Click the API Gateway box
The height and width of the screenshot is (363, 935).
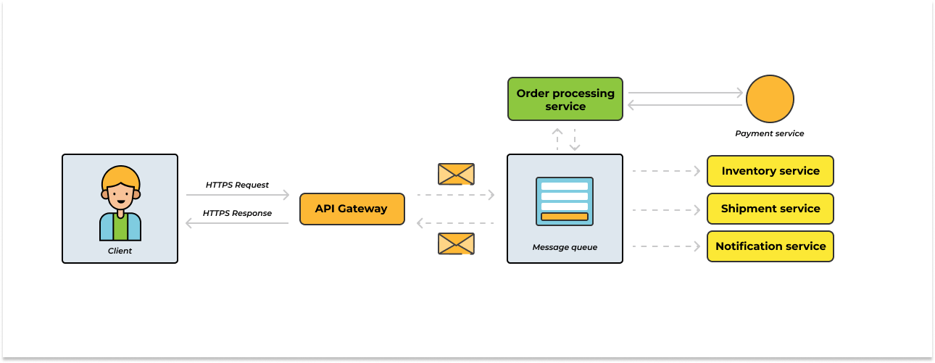(x=352, y=209)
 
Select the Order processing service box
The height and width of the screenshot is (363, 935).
(x=565, y=99)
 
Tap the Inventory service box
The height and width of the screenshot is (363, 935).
(x=770, y=171)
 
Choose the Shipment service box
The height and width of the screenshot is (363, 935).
(x=770, y=209)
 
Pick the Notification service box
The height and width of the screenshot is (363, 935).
(x=770, y=246)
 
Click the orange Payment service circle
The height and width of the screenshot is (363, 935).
(x=770, y=99)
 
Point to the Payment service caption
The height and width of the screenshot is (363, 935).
(x=769, y=133)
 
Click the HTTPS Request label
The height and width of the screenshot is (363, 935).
(x=237, y=185)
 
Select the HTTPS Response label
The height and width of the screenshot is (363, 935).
(x=237, y=213)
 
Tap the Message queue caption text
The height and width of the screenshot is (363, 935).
(x=565, y=247)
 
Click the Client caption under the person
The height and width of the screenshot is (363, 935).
(x=120, y=251)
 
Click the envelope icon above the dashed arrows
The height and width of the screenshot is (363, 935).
(x=456, y=174)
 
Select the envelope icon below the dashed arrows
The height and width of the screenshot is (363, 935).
(x=456, y=243)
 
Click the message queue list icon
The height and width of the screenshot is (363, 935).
(x=565, y=201)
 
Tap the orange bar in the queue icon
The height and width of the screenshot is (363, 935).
(x=565, y=217)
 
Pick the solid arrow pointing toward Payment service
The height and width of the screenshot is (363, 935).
(x=686, y=93)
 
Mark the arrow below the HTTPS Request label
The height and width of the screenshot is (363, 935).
(x=238, y=195)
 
